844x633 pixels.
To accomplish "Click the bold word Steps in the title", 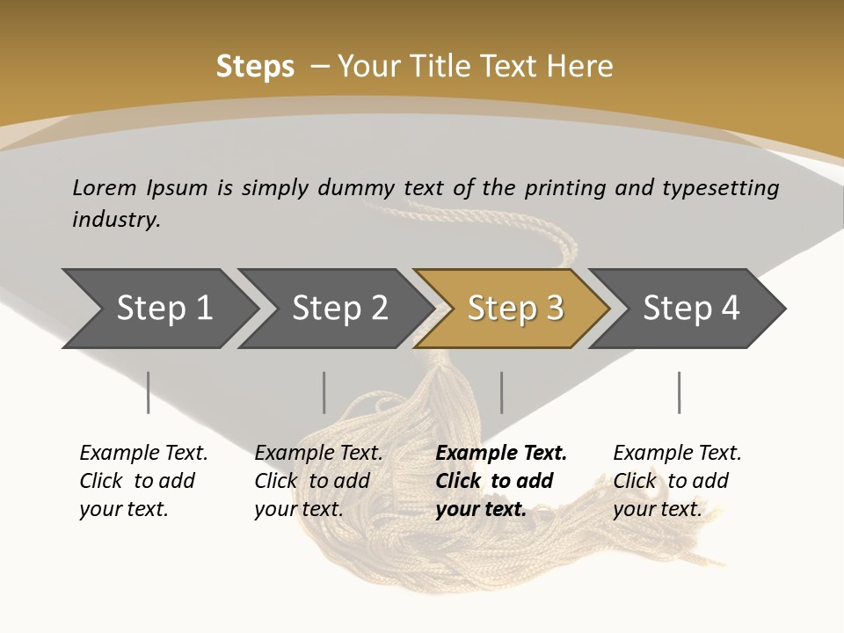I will [255, 67].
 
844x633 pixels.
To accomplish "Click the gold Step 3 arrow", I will [515, 309].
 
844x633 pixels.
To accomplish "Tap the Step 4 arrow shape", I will [690, 309].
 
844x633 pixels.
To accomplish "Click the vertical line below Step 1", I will [149, 392].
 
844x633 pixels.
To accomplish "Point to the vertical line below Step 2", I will [324, 392].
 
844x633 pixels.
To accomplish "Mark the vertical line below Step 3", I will [502, 392].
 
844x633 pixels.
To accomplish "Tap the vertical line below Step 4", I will [679, 392].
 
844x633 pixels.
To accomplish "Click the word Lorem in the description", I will [105, 188].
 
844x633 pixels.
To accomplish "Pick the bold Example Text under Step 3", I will [501, 454].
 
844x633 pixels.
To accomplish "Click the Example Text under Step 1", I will [143, 454].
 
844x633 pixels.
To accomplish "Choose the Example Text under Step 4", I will [677, 454].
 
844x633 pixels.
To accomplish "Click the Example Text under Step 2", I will [318, 454].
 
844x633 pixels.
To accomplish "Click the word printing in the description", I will [560, 188].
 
